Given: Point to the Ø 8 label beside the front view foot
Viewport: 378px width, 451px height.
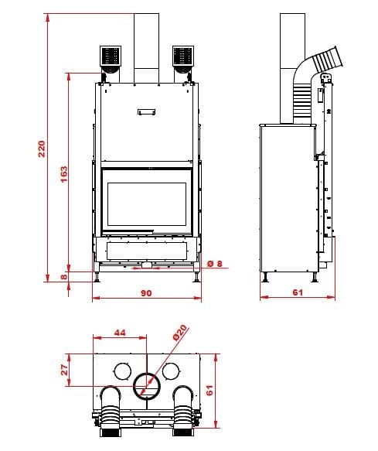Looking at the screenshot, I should pos(216,263).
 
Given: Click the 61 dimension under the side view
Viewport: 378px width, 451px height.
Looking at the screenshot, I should pos(298,292).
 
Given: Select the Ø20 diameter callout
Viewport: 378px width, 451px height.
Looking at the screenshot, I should pos(179,333).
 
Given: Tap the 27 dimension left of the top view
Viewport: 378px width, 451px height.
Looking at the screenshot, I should pos(66,369).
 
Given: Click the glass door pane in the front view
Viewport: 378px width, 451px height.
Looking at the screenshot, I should pos(146,203).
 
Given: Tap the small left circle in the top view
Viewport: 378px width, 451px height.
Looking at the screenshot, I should pos(121,368).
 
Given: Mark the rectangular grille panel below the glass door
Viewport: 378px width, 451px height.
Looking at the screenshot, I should pos(146,249).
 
